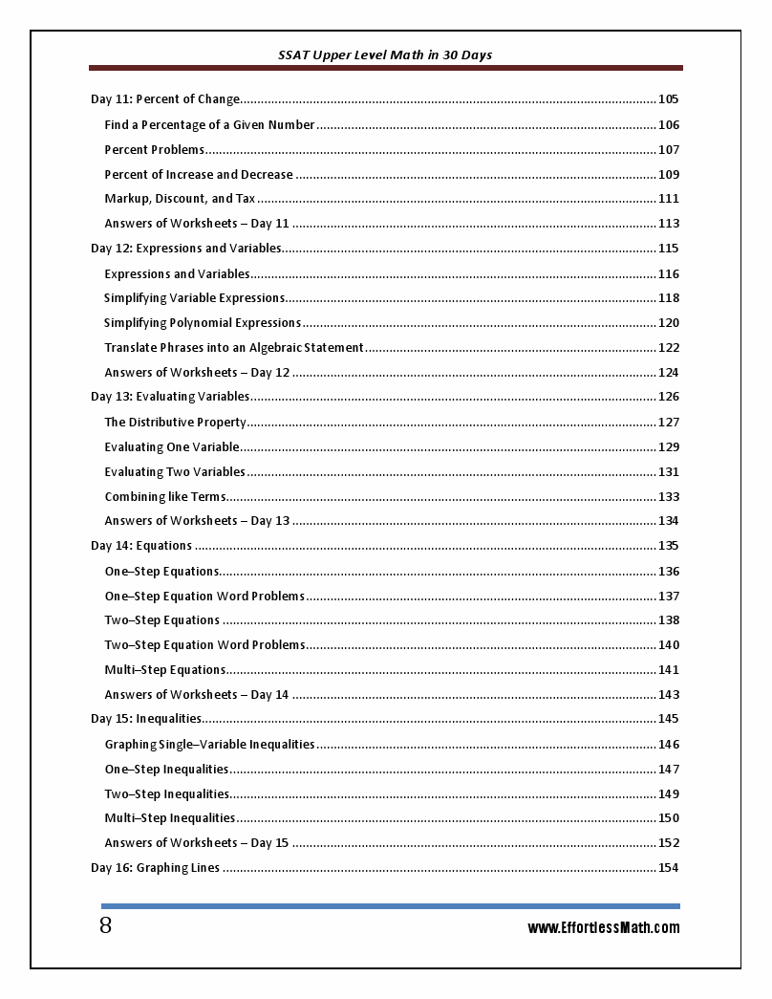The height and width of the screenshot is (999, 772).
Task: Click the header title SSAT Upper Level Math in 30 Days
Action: [x=385, y=55]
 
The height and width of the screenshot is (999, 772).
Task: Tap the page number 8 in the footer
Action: [x=105, y=925]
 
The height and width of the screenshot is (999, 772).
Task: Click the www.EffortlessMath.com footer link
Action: [x=604, y=927]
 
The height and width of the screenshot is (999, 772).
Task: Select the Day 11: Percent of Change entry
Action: [x=164, y=99]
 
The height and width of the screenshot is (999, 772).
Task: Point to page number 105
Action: [x=669, y=99]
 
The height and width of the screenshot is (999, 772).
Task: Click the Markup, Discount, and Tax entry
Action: [x=180, y=199]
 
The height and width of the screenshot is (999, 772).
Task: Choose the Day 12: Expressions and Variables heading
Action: [x=185, y=249]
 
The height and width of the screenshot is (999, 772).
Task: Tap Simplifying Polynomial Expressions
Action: [x=203, y=323]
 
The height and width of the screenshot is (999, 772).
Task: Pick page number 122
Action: [x=669, y=348]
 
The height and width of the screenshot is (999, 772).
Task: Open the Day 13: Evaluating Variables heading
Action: [x=170, y=397]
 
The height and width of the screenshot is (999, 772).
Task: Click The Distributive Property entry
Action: [x=175, y=423]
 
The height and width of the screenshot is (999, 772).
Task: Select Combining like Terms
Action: [x=164, y=497]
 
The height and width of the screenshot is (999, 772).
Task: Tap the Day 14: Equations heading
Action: [x=141, y=546]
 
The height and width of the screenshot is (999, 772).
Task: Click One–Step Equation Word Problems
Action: [x=204, y=597]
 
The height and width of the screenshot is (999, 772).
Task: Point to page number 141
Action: [x=669, y=670]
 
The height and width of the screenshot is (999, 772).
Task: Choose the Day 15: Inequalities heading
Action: [x=146, y=719]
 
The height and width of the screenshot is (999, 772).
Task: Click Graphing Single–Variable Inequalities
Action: [x=209, y=745]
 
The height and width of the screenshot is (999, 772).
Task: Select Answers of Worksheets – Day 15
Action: [x=196, y=843]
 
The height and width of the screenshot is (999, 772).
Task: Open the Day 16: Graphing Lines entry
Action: [x=155, y=868]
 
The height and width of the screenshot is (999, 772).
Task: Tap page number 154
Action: [x=669, y=868]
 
